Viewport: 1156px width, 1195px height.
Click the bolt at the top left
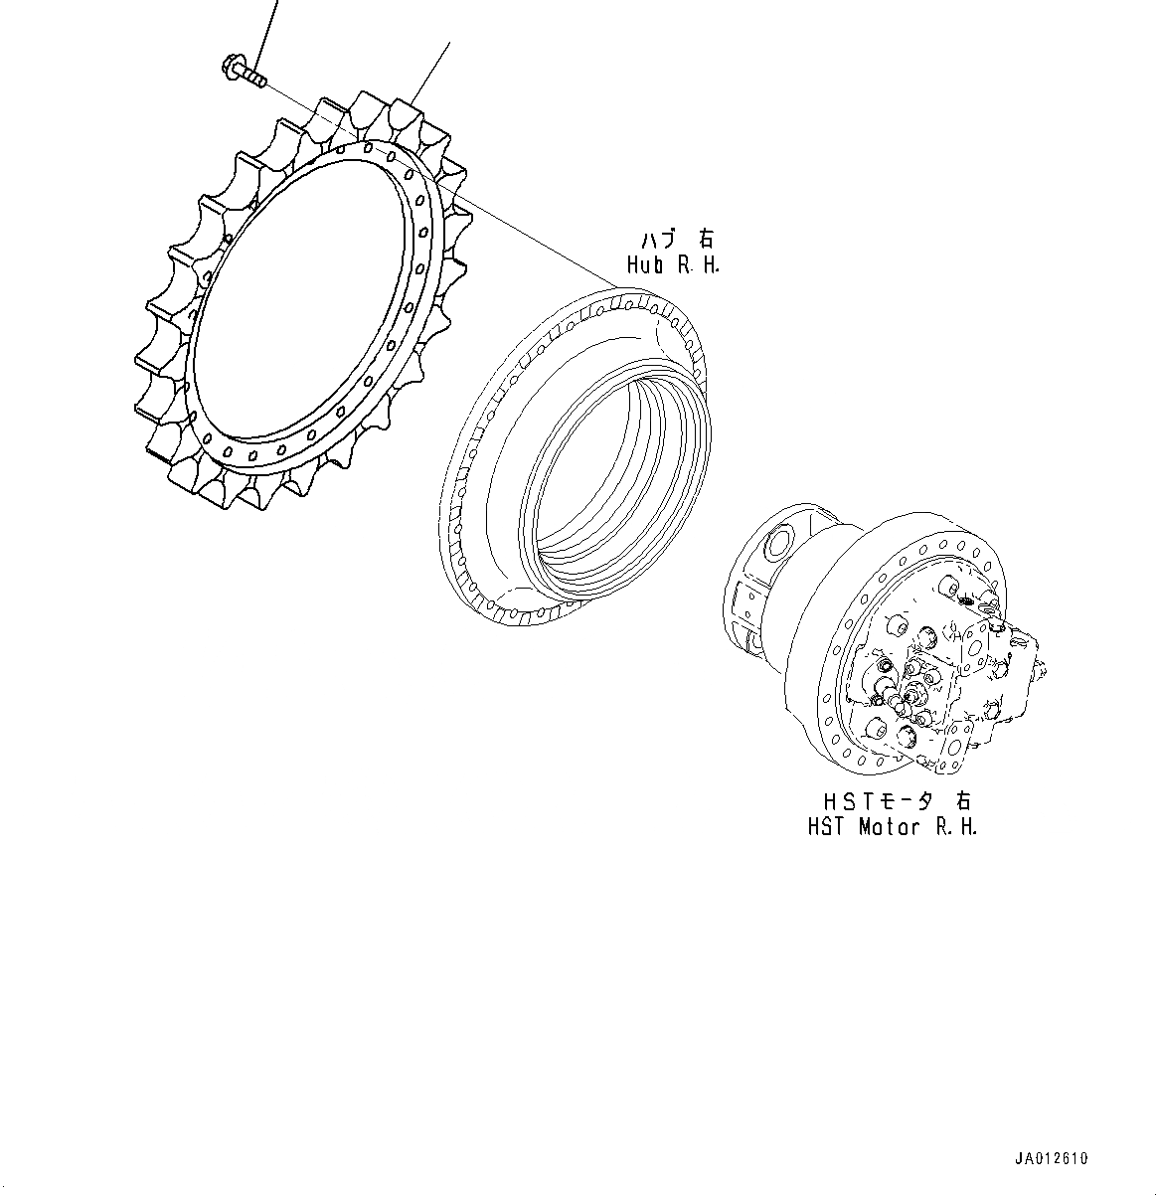[x=243, y=71]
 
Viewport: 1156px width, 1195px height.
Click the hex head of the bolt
[x=231, y=66]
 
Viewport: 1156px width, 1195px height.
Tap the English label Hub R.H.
[x=673, y=265]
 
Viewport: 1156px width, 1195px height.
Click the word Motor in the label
[x=889, y=827]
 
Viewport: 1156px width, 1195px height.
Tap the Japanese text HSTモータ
[x=879, y=800]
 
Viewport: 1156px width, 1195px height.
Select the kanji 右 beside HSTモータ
[x=962, y=800]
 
